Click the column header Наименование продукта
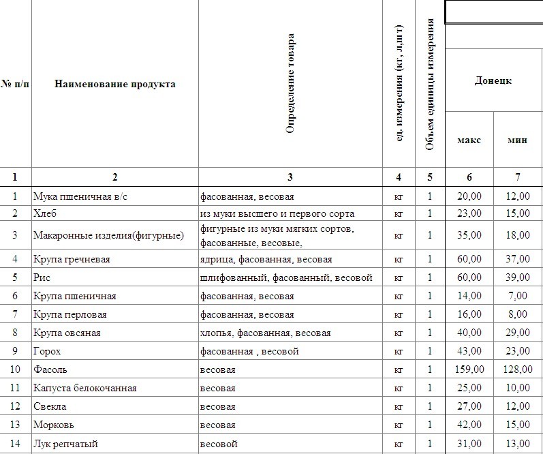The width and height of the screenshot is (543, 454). tap(114, 85)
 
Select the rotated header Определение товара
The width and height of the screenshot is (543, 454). tap(290, 82)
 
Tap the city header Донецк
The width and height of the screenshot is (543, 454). tap(493, 81)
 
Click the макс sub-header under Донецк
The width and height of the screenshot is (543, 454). tap(469, 140)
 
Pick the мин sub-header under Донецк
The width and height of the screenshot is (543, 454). tap(518, 140)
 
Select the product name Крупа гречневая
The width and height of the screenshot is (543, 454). tap(72, 259)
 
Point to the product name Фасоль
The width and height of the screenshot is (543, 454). tap(49, 369)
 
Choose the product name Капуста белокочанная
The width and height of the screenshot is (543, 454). tap(85, 388)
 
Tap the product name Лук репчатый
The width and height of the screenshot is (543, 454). tap(65, 444)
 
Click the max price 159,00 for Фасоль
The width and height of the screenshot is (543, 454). tap(467, 369)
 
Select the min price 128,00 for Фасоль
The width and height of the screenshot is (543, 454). tap(517, 369)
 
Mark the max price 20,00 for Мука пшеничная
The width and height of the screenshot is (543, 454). tap(469, 196)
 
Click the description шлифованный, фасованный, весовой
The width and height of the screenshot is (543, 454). tap(286, 277)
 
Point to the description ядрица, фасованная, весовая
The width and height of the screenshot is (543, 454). tap(266, 259)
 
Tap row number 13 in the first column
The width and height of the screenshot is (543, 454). tap(15, 425)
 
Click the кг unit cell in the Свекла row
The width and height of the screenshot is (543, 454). tap(399, 407)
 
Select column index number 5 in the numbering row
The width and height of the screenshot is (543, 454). tap(430, 177)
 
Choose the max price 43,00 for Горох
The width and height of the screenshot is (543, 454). tap(469, 351)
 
